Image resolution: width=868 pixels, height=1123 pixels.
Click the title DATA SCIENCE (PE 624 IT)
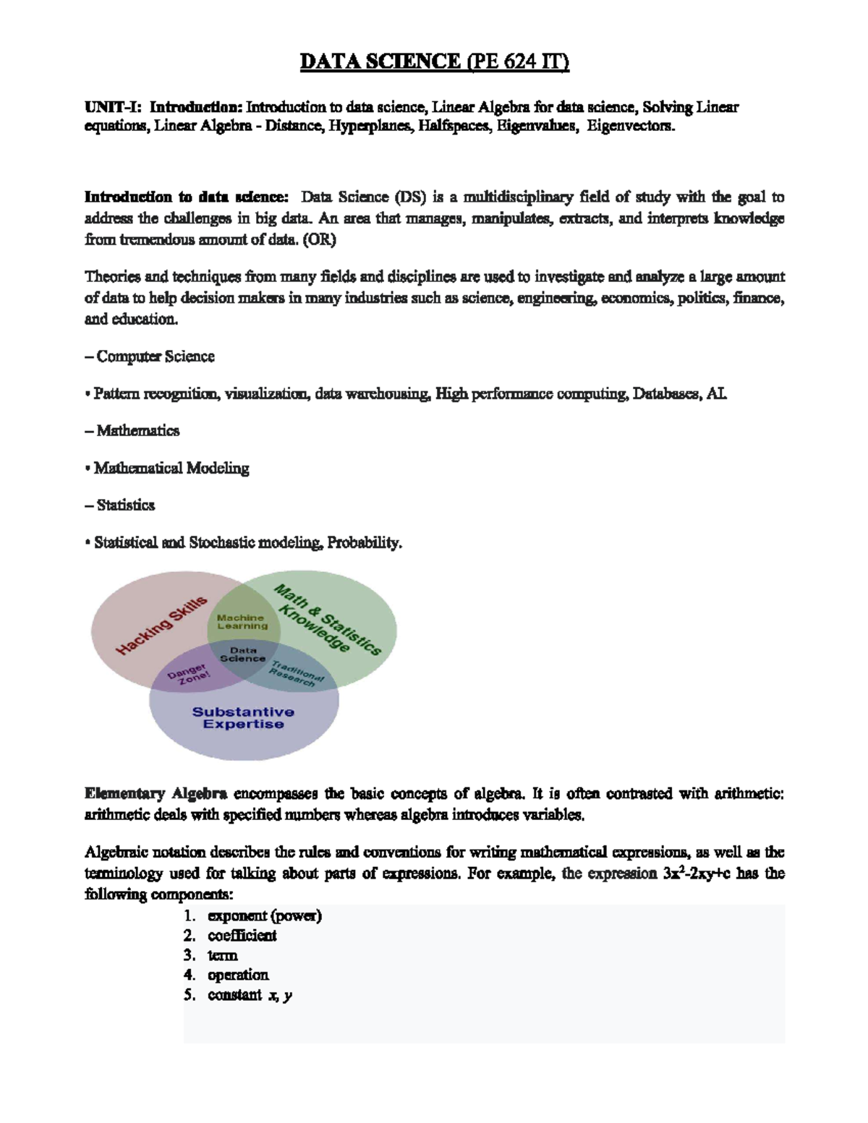point(435,62)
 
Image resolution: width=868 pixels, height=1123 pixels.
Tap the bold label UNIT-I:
point(114,108)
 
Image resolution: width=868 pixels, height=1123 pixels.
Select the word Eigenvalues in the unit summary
point(537,127)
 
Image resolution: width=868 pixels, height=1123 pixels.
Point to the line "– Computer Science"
point(150,356)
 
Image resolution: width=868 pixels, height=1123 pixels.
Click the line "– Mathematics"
point(132,431)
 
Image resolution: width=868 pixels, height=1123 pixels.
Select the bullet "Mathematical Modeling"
point(171,469)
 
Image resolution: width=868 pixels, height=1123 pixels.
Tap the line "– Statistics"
point(120,505)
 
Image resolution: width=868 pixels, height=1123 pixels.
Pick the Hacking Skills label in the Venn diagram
point(162,625)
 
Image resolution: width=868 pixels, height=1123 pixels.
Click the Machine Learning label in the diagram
point(242,622)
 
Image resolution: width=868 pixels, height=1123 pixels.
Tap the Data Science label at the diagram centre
point(243,654)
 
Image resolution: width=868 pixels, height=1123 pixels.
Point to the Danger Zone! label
point(189,675)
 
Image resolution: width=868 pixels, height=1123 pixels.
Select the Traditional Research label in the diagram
point(297,672)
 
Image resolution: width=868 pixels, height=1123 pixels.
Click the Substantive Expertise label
point(243,718)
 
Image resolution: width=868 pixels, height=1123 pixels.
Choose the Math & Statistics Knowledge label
point(325,620)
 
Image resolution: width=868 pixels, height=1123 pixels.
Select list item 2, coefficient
point(242,936)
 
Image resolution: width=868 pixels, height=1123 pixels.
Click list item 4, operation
point(238,975)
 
